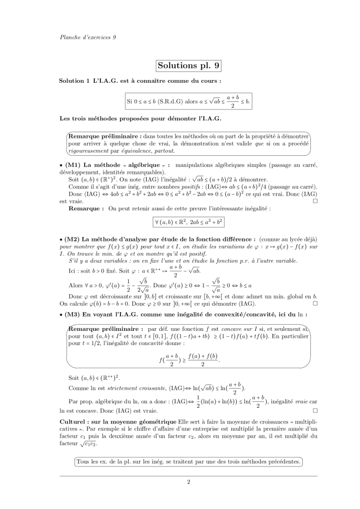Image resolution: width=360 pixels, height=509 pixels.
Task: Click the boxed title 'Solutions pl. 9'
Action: pos(188,66)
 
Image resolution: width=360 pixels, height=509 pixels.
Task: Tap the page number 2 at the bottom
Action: pos(188,482)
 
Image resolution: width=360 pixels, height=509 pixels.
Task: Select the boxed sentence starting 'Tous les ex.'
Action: pos(188,462)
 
